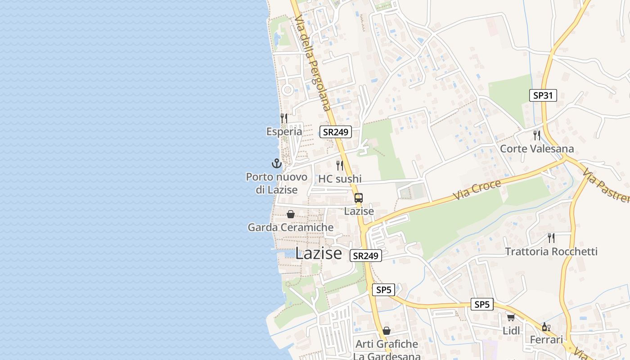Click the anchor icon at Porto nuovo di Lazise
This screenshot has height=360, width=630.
pos(276,163)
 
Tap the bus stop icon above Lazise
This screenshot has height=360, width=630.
pos(359,198)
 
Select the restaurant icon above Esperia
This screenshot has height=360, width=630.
pos(284,118)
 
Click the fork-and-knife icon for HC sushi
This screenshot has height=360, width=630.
pos(340,166)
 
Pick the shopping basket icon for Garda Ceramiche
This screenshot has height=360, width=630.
pos(291,214)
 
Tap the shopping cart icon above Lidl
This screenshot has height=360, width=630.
pos(511,318)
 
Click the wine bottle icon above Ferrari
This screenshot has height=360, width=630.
pos(546,327)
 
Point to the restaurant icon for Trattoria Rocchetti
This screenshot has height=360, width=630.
pos(551,238)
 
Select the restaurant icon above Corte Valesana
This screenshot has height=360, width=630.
pos(536,135)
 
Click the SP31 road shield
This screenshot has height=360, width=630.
pos(543,95)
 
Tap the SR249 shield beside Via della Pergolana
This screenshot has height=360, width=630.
pos(336,132)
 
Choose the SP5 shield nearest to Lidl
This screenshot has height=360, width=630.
pos(482,305)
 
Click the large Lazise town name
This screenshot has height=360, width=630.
pos(319,253)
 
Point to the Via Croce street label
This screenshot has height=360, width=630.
pos(477,190)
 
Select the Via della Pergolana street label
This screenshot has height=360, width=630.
pos(313,63)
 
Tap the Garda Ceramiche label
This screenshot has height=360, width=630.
pos(291,228)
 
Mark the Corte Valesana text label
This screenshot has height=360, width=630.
pos(537,149)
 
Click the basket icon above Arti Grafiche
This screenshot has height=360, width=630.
pos(387,331)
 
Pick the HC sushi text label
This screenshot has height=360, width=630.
pos(340,179)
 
